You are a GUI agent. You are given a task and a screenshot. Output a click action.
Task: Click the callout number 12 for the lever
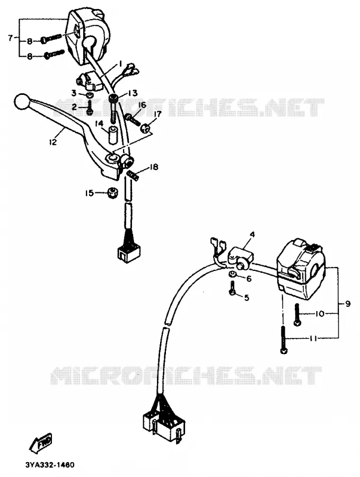tap(53, 142)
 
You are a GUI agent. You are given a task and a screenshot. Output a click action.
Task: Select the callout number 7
tap(11, 38)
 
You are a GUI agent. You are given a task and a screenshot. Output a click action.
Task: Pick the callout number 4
tap(252, 235)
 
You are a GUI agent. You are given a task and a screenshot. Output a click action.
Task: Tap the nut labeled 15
tap(112, 193)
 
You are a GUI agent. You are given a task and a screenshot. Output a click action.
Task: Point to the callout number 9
tap(347, 304)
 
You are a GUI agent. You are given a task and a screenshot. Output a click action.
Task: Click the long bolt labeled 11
tap(283, 340)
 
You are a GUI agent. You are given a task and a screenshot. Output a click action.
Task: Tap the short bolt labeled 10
tap(297, 314)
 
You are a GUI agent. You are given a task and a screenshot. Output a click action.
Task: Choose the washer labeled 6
tap(232, 274)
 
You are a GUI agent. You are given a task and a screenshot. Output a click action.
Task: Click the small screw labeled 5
tap(233, 288)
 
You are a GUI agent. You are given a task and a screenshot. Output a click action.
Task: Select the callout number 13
tap(133, 93)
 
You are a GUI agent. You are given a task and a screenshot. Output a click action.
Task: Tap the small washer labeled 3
tap(89, 95)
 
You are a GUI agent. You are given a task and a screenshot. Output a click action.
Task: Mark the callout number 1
tap(120, 64)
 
